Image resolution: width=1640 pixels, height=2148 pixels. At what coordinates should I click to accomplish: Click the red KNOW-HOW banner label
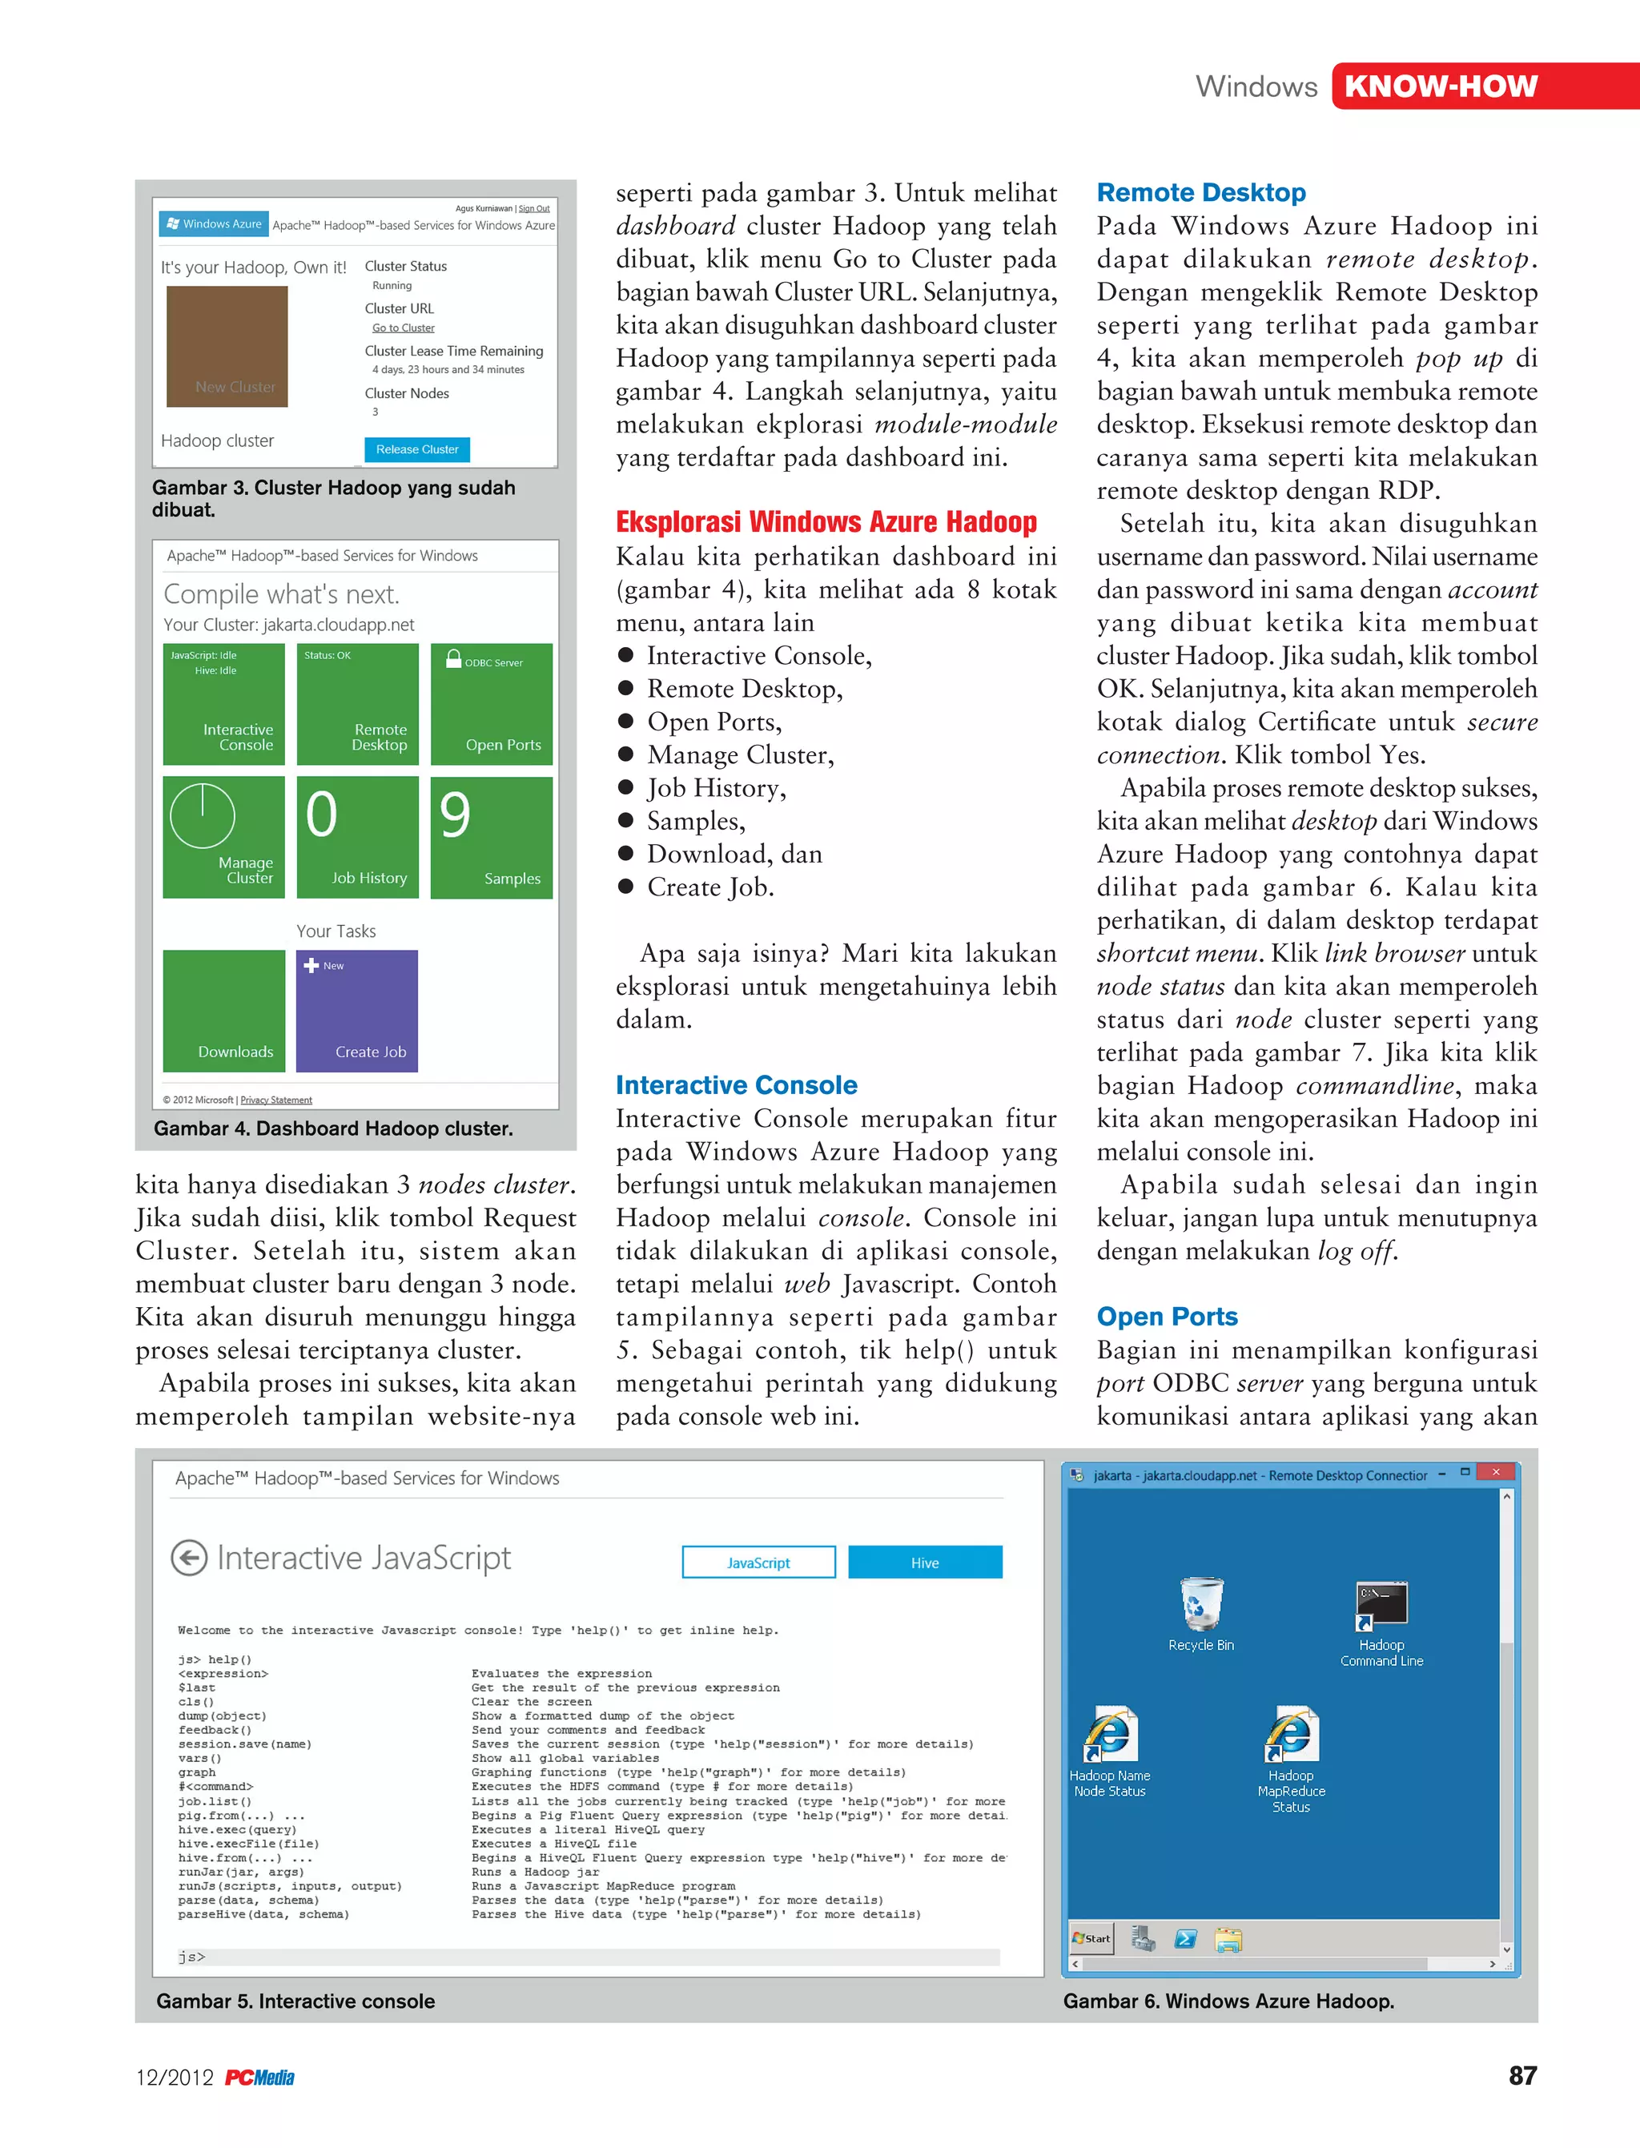coord(1440,86)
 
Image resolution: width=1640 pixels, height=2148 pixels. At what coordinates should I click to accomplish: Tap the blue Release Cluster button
coord(417,449)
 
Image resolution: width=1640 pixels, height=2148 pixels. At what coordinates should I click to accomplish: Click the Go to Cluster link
coord(403,328)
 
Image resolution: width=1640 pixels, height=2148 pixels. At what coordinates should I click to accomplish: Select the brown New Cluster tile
coord(227,347)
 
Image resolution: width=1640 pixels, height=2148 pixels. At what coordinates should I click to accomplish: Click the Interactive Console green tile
coord(223,704)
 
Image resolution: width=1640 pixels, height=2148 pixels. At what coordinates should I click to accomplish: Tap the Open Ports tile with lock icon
coord(491,704)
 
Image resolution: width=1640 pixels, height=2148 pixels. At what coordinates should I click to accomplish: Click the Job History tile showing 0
coord(357,837)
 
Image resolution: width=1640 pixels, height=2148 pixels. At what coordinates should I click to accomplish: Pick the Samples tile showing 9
coord(491,837)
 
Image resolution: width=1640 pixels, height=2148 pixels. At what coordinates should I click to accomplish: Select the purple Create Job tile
coord(357,1011)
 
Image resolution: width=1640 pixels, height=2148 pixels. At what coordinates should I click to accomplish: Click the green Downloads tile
coord(223,1011)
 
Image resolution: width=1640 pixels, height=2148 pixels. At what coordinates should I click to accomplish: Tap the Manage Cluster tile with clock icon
coord(223,837)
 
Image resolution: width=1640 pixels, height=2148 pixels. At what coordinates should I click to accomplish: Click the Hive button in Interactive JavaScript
coord(924,1563)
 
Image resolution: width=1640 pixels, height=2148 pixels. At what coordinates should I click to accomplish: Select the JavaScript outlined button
coord(758,1563)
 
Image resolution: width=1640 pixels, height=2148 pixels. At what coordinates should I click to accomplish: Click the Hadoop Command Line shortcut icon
coord(1381,1606)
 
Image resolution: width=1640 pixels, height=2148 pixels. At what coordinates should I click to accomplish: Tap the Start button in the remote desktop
coord(1091,1938)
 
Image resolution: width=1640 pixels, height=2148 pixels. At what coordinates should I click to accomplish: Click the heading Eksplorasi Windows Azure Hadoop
coord(826,522)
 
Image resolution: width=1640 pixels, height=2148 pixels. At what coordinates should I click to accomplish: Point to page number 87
coord(1521,2076)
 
